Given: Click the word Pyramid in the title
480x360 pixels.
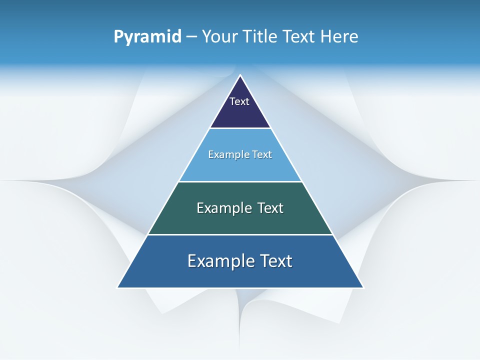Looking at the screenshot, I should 147,37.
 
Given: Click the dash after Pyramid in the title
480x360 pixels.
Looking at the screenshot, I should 191,37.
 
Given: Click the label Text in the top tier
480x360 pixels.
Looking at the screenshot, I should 239,101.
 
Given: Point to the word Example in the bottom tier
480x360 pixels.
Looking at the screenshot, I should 216,261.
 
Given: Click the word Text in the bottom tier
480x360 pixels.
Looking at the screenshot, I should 276,261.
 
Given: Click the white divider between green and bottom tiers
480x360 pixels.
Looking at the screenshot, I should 240,234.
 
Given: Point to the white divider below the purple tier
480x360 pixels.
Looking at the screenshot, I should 240,128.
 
